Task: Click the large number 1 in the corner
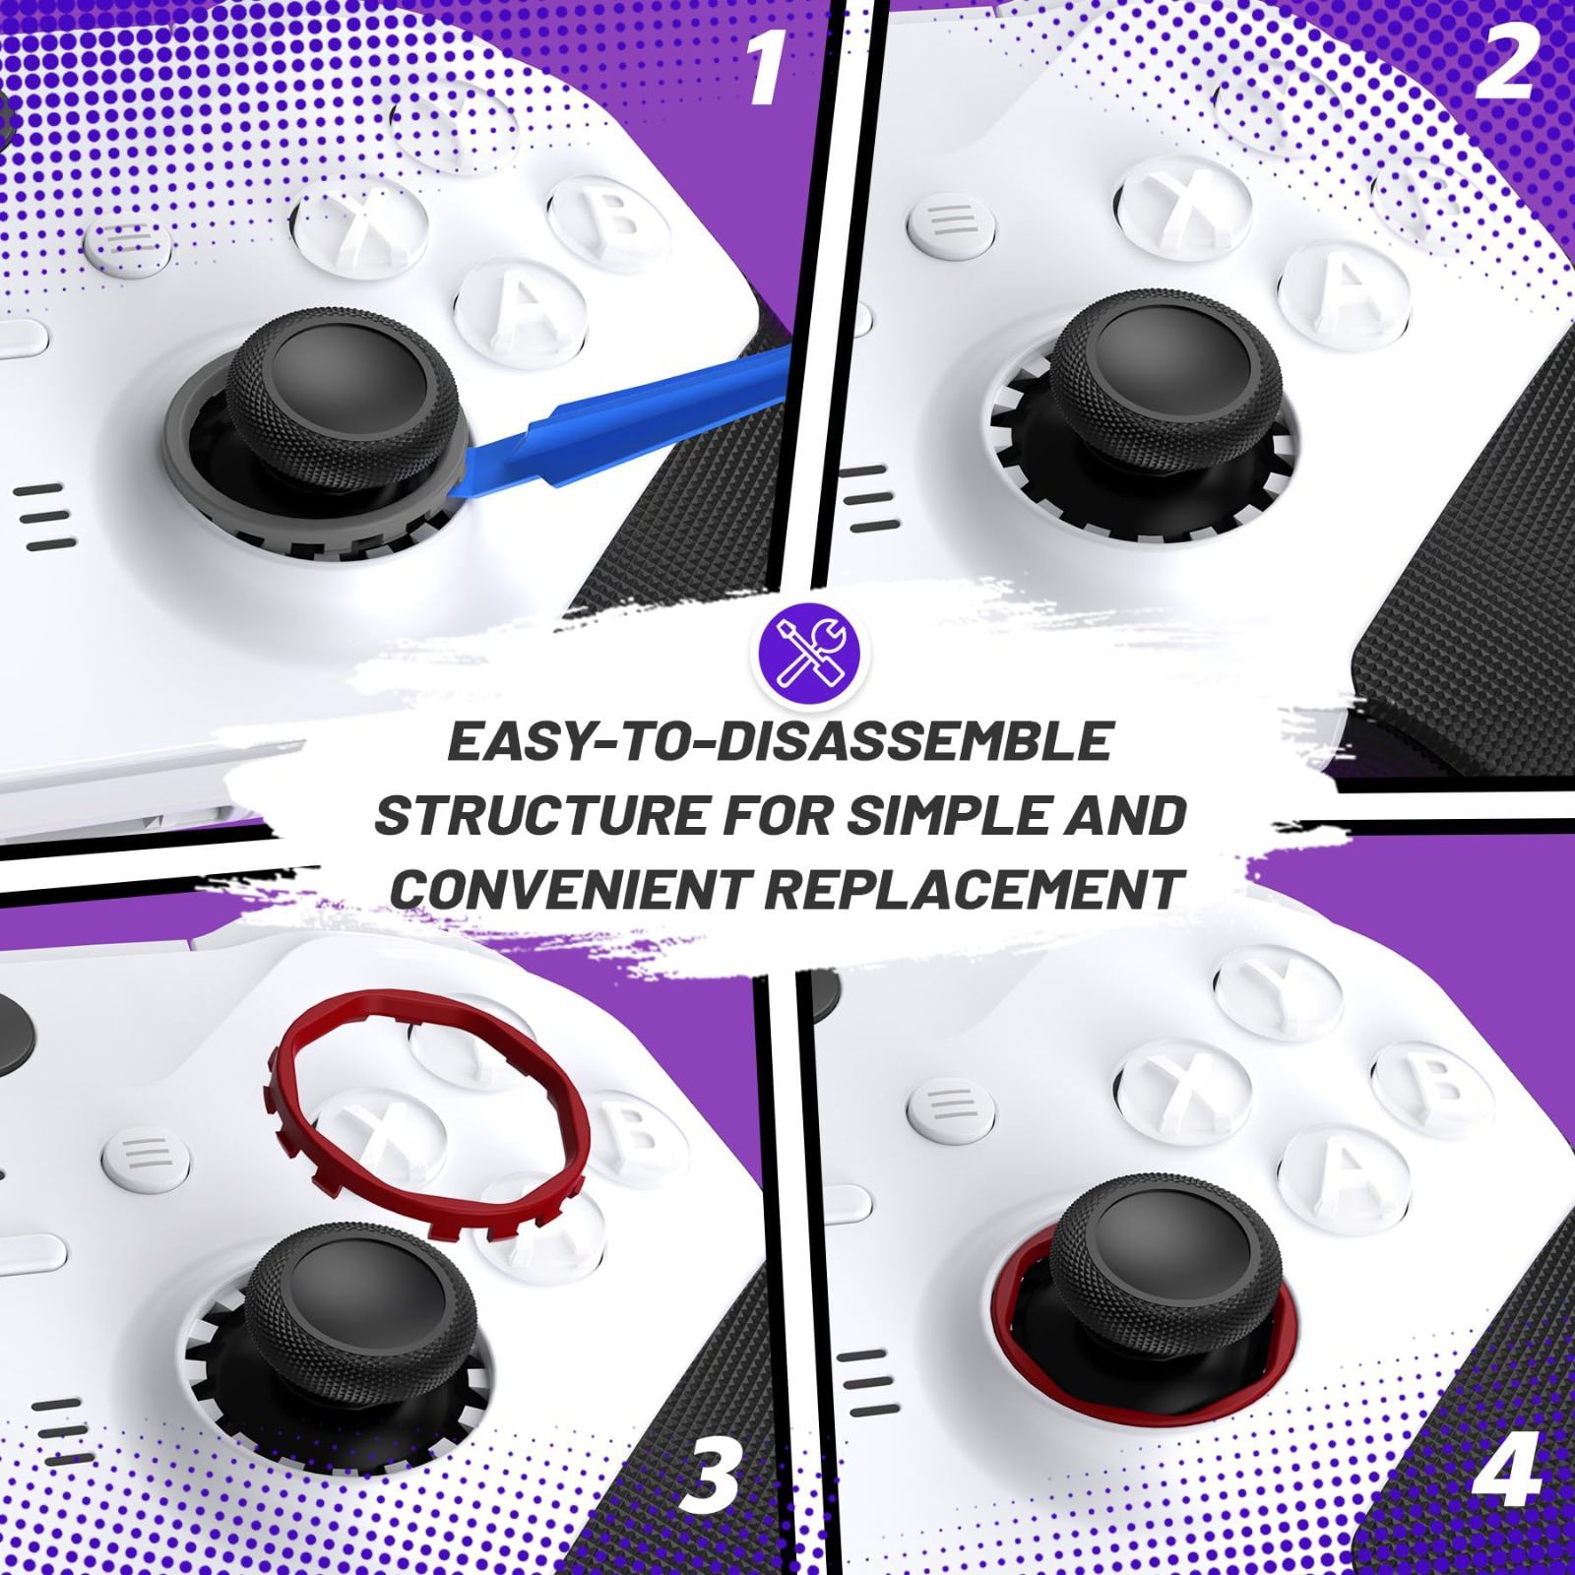[x=768, y=69]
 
